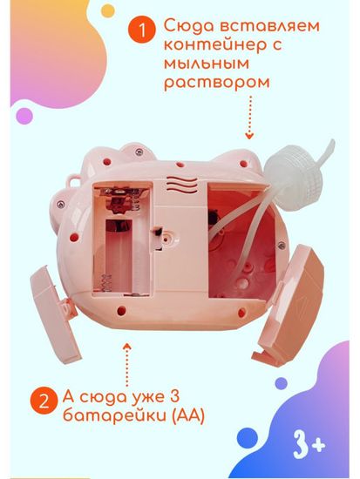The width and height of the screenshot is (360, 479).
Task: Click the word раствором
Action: click(214, 85)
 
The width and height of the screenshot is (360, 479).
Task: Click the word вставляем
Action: click(266, 28)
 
